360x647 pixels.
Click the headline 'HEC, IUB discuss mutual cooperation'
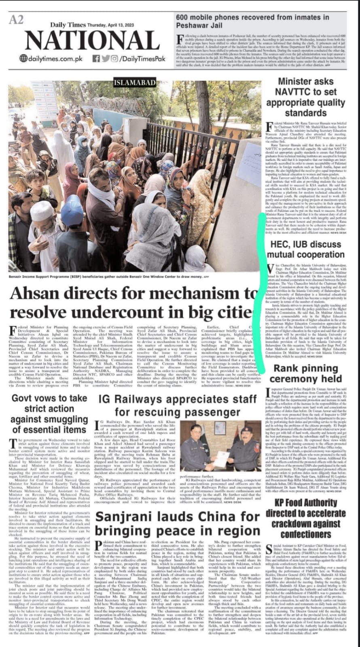click(x=305, y=249)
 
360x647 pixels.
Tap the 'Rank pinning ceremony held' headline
click(x=305, y=373)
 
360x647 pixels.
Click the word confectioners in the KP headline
click(x=305, y=534)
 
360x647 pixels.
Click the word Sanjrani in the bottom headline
click(x=124, y=517)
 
